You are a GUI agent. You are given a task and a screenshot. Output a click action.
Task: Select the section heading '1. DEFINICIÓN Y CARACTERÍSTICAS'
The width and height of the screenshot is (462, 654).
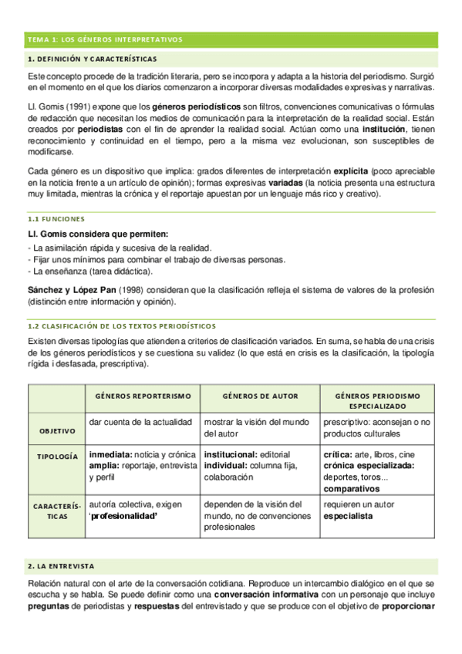[x=92, y=59]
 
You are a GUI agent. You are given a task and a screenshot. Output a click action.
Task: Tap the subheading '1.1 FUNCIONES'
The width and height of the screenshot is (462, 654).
[x=56, y=219]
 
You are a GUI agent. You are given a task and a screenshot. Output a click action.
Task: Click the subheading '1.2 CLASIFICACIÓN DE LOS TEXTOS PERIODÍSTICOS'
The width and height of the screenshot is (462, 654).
[x=122, y=326]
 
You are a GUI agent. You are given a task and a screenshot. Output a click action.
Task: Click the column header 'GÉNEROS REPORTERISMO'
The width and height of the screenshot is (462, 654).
[x=143, y=396]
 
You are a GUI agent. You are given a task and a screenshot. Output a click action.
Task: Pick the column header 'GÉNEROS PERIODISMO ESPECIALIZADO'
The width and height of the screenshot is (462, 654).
[x=378, y=400]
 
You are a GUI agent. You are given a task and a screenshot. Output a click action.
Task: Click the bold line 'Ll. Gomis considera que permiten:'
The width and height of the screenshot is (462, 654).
[x=98, y=234]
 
